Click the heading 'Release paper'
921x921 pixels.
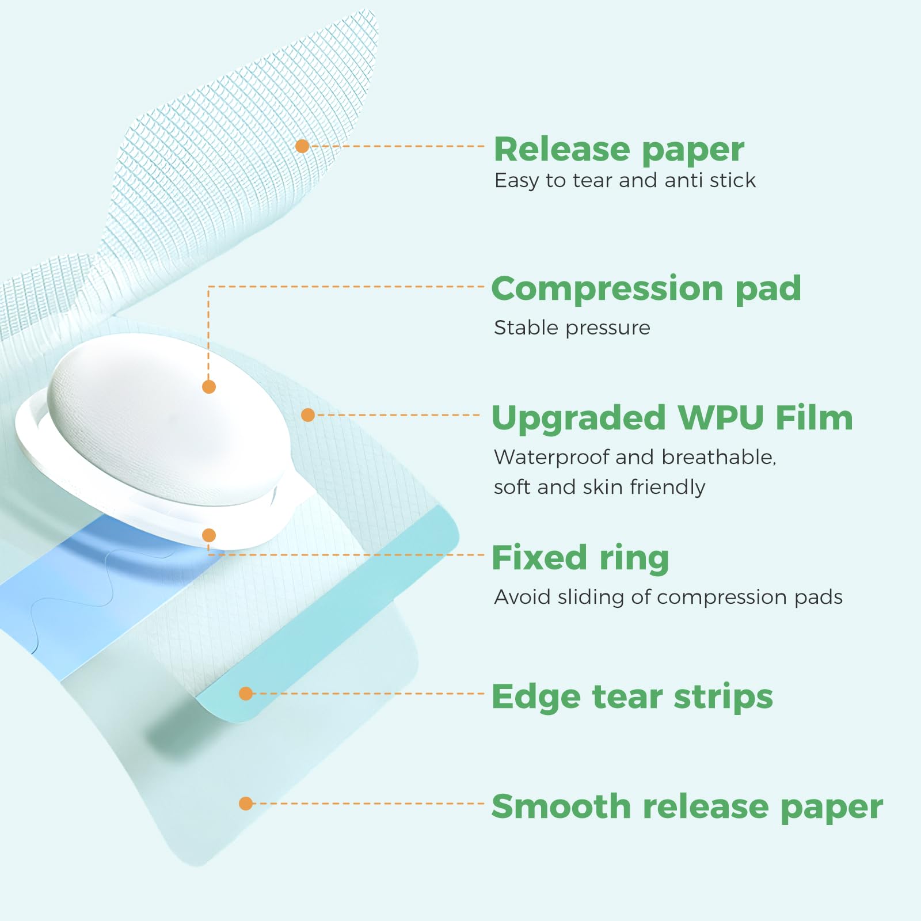coord(619,150)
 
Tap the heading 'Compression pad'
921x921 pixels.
coord(646,288)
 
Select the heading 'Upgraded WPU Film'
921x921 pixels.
coord(672,418)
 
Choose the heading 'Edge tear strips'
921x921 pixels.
coord(632,697)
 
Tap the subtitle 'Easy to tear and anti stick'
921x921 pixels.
coord(625,181)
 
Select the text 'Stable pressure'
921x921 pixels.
coord(572,328)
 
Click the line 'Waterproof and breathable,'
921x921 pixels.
coord(635,457)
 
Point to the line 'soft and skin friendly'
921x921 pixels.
coord(599,487)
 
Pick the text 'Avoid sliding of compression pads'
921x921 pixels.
coord(668,597)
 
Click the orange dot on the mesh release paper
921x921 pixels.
coord(302,146)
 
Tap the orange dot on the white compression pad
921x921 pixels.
coord(209,387)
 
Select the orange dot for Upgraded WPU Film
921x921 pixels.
coord(308,414)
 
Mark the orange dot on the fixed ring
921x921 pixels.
coord(209,535)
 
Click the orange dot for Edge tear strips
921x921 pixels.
coord(246,694)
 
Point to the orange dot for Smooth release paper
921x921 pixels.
coord(246,803)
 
